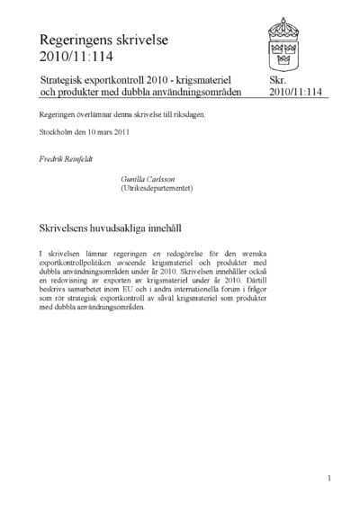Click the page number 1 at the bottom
click(x=329, y=478)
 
